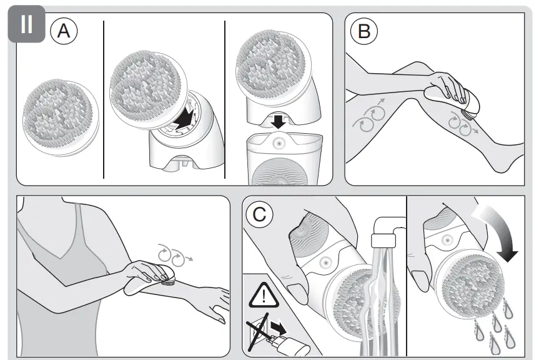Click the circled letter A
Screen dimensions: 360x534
[x=64, y=32]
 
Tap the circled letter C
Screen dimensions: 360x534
[x=259, y=215]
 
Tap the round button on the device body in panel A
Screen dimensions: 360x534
[x=278, y=142]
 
